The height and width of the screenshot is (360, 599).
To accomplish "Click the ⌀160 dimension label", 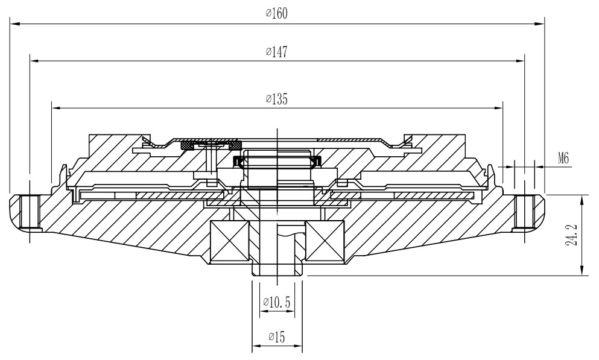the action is point(277,13).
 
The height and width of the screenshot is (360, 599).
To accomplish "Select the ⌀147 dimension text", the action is point(277,51).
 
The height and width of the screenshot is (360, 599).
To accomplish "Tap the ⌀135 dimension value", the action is point(277,99).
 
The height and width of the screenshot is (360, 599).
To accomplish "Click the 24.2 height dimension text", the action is point(573,235).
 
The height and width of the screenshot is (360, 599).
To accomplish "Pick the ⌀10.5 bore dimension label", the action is point(277,303).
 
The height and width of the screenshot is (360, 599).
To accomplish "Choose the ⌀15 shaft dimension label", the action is point(277,337).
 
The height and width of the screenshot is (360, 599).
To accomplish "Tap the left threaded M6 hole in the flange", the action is point(30,212).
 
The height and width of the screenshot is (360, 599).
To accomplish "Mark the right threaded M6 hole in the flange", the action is point(525,212).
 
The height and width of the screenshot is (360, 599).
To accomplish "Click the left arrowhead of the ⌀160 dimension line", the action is point(14,24).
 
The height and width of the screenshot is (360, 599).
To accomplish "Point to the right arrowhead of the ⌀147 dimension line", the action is point(519,60).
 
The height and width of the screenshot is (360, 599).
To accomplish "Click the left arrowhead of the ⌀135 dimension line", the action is point(56,108).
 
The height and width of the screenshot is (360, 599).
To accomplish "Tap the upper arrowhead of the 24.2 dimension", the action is point(581,200).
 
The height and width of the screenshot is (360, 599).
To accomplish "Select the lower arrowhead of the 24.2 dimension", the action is point(581,270).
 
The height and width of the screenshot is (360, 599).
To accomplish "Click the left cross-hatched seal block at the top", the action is point(187,145).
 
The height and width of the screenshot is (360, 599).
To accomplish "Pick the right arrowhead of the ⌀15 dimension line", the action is point(297,346).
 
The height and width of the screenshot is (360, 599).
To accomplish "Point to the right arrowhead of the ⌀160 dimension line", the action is point(540,24).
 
